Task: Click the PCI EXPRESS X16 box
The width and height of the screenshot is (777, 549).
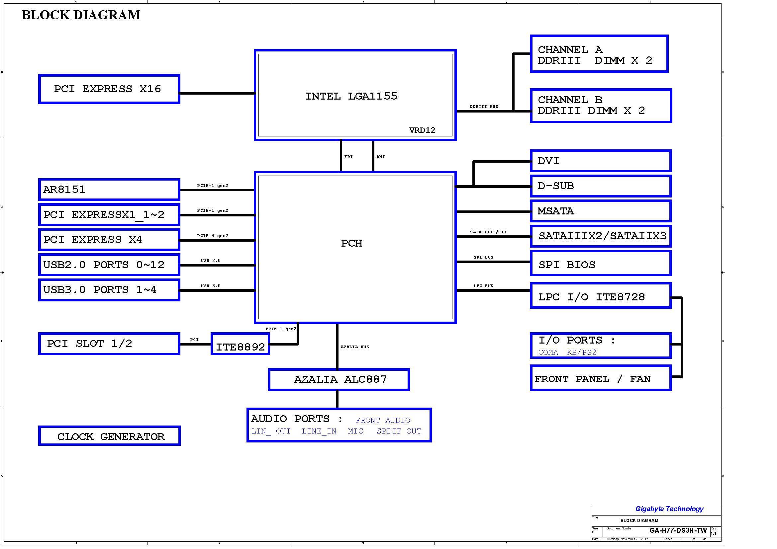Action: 109,89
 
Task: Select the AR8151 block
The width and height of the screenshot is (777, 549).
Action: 109,189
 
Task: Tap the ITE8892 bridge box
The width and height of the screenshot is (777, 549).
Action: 240,344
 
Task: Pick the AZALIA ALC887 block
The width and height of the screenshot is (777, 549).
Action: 339,379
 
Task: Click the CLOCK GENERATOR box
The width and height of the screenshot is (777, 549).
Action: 109,436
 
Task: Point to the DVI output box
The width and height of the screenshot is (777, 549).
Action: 601,161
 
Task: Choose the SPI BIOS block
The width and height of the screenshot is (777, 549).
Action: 601,263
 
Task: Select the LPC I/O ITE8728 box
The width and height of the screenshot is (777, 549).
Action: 601,295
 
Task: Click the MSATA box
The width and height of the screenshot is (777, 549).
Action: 601,211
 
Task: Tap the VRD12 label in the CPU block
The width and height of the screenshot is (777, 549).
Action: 422,130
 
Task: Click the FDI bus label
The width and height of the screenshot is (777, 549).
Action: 348,157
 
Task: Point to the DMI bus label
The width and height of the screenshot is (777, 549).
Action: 381,157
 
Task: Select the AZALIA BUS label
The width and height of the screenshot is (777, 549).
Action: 355,347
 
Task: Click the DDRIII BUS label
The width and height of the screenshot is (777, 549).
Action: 484,107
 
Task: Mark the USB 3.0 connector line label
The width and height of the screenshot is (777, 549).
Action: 211,286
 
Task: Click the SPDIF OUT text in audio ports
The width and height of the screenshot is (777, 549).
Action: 399,431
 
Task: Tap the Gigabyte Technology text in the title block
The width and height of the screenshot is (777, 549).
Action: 669,509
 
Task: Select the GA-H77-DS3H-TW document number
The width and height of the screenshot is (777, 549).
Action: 678,530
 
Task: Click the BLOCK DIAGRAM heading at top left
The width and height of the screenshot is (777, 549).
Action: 81,15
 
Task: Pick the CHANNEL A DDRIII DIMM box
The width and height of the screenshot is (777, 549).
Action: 599,54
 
